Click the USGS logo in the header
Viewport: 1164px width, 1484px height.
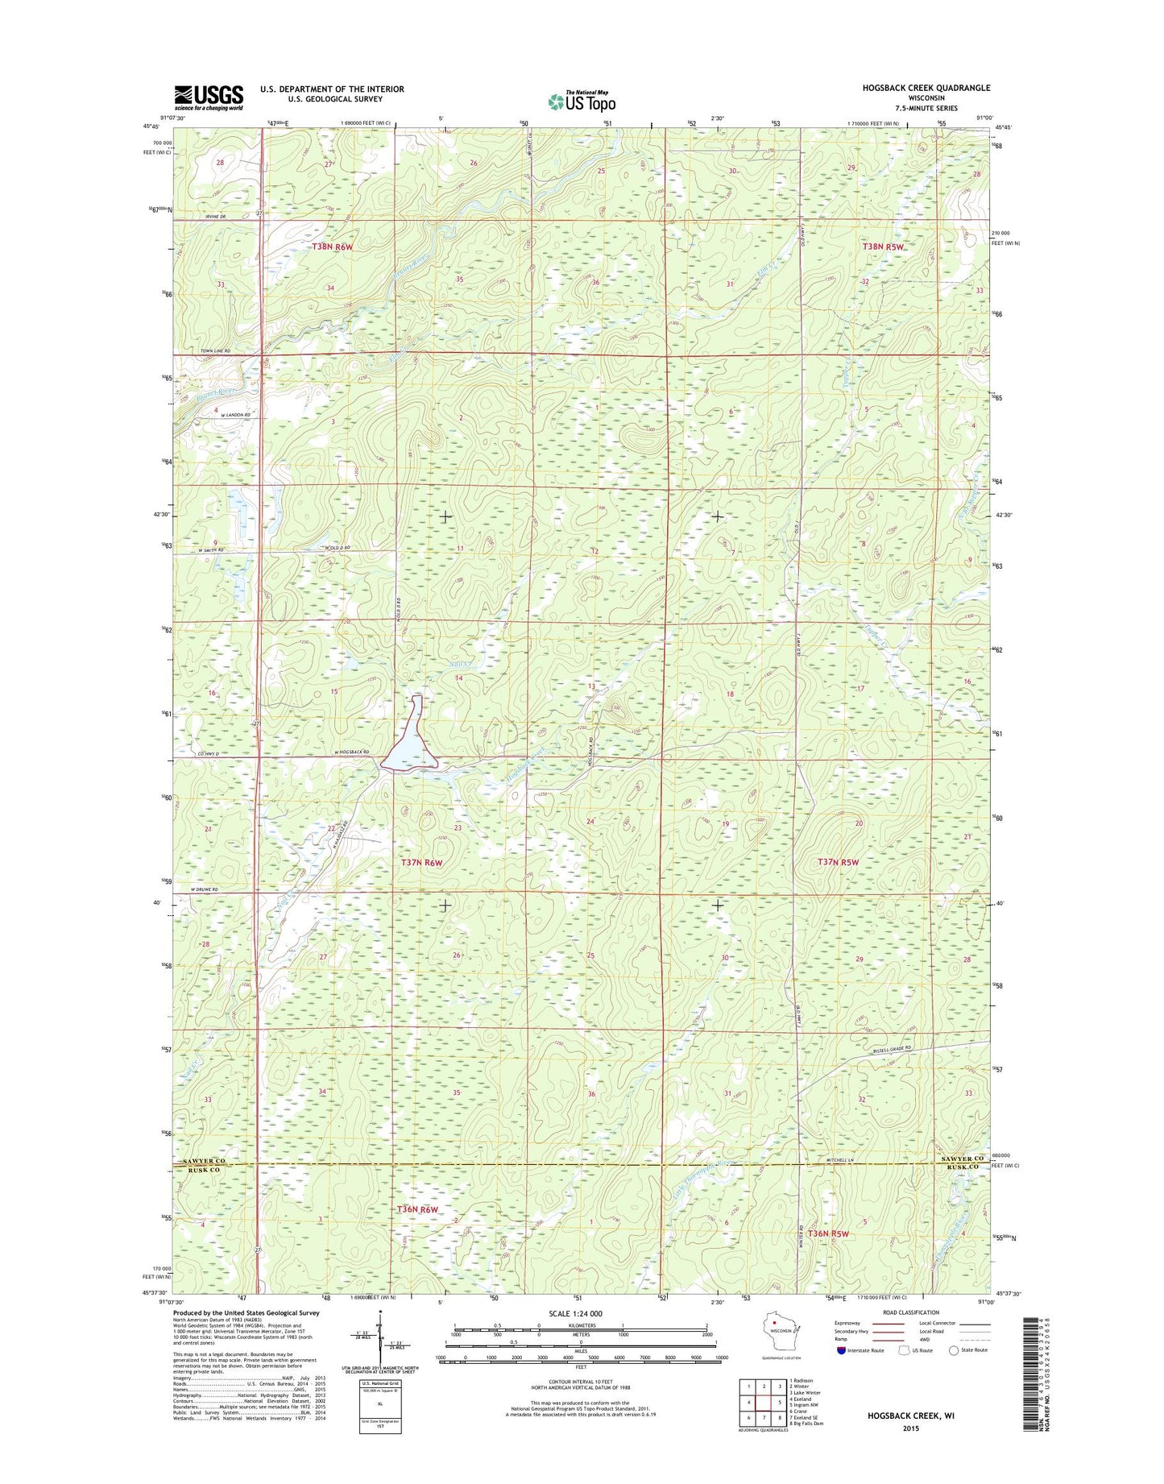209,97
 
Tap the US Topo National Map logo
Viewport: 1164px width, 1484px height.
582,101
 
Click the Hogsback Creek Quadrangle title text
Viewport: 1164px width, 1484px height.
928,88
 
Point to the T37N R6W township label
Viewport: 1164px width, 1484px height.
422,862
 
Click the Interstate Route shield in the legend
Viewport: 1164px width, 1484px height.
842,1372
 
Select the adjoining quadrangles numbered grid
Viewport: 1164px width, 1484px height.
764,1403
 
